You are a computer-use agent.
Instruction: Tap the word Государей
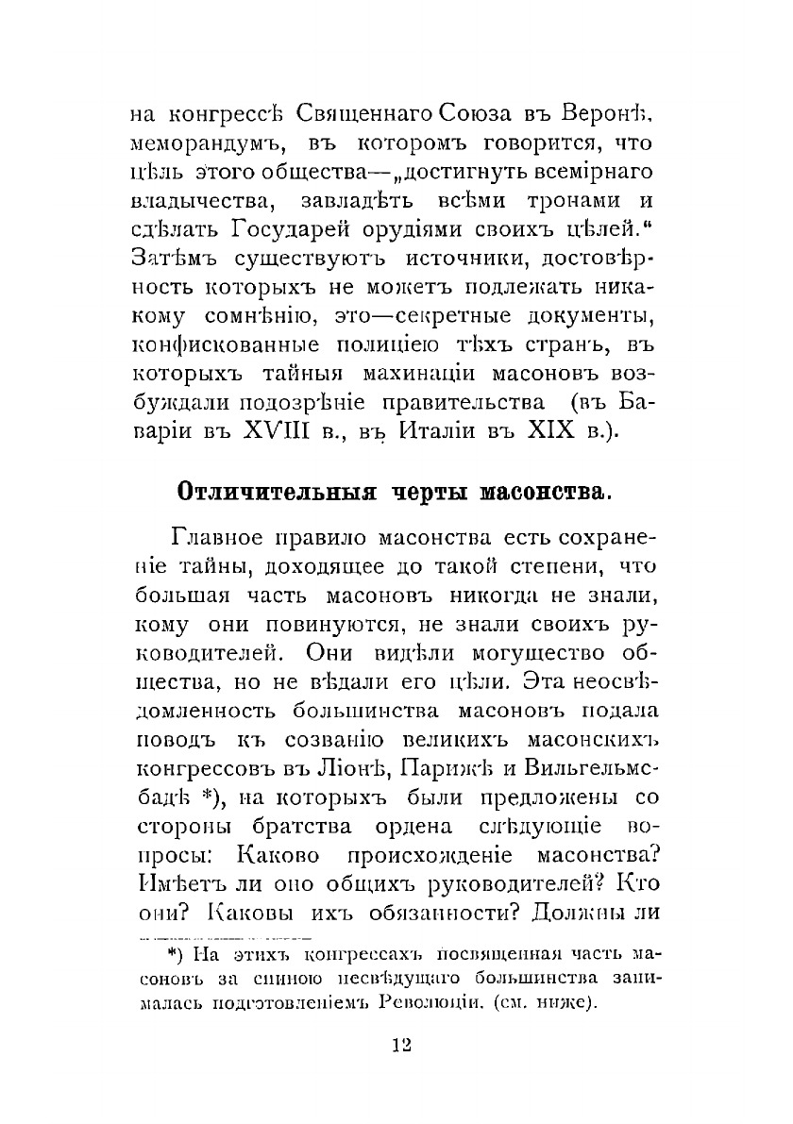tap(289, 232)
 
